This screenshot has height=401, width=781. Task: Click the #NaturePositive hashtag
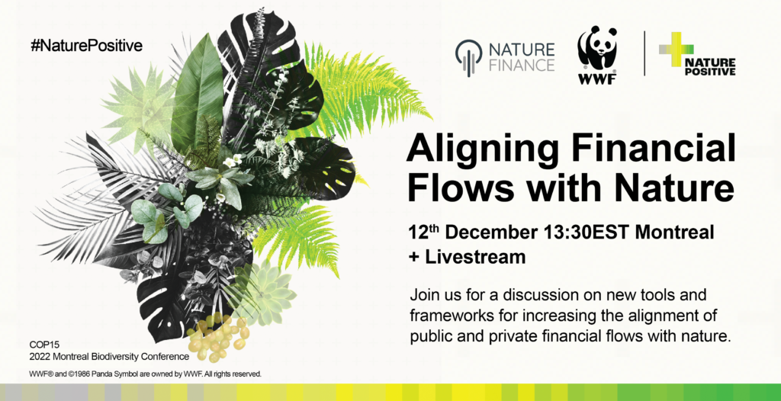[87, 46]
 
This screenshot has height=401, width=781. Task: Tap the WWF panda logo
[597, 55]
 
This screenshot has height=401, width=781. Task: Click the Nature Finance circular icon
[469, 57]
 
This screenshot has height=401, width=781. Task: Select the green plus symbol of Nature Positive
[676, 50]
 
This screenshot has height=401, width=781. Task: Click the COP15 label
[45, 345]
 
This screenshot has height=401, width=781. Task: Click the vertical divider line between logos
[644, 53]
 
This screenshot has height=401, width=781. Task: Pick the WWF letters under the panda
[596, 79]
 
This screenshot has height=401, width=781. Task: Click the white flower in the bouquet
[232, 160]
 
